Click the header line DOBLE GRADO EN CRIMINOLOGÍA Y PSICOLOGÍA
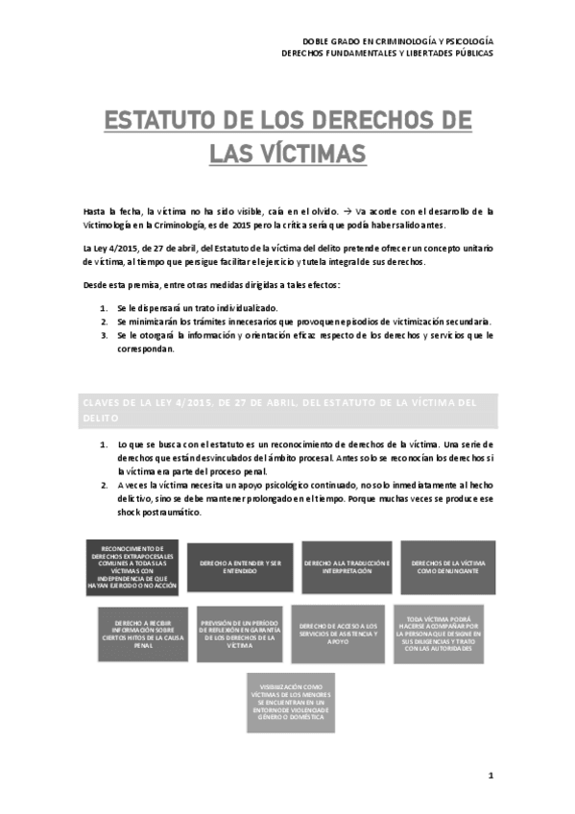(397, 41)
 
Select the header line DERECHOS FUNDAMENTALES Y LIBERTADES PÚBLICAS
(388, 54)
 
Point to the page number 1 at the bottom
(490, 775)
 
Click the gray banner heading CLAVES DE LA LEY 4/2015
(288, 410)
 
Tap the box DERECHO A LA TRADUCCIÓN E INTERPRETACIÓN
(347, 567)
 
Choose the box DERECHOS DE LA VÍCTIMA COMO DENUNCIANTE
(447, 567)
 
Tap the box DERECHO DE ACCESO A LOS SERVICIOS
(339, 634)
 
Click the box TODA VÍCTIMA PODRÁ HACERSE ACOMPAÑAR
(439, 634)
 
